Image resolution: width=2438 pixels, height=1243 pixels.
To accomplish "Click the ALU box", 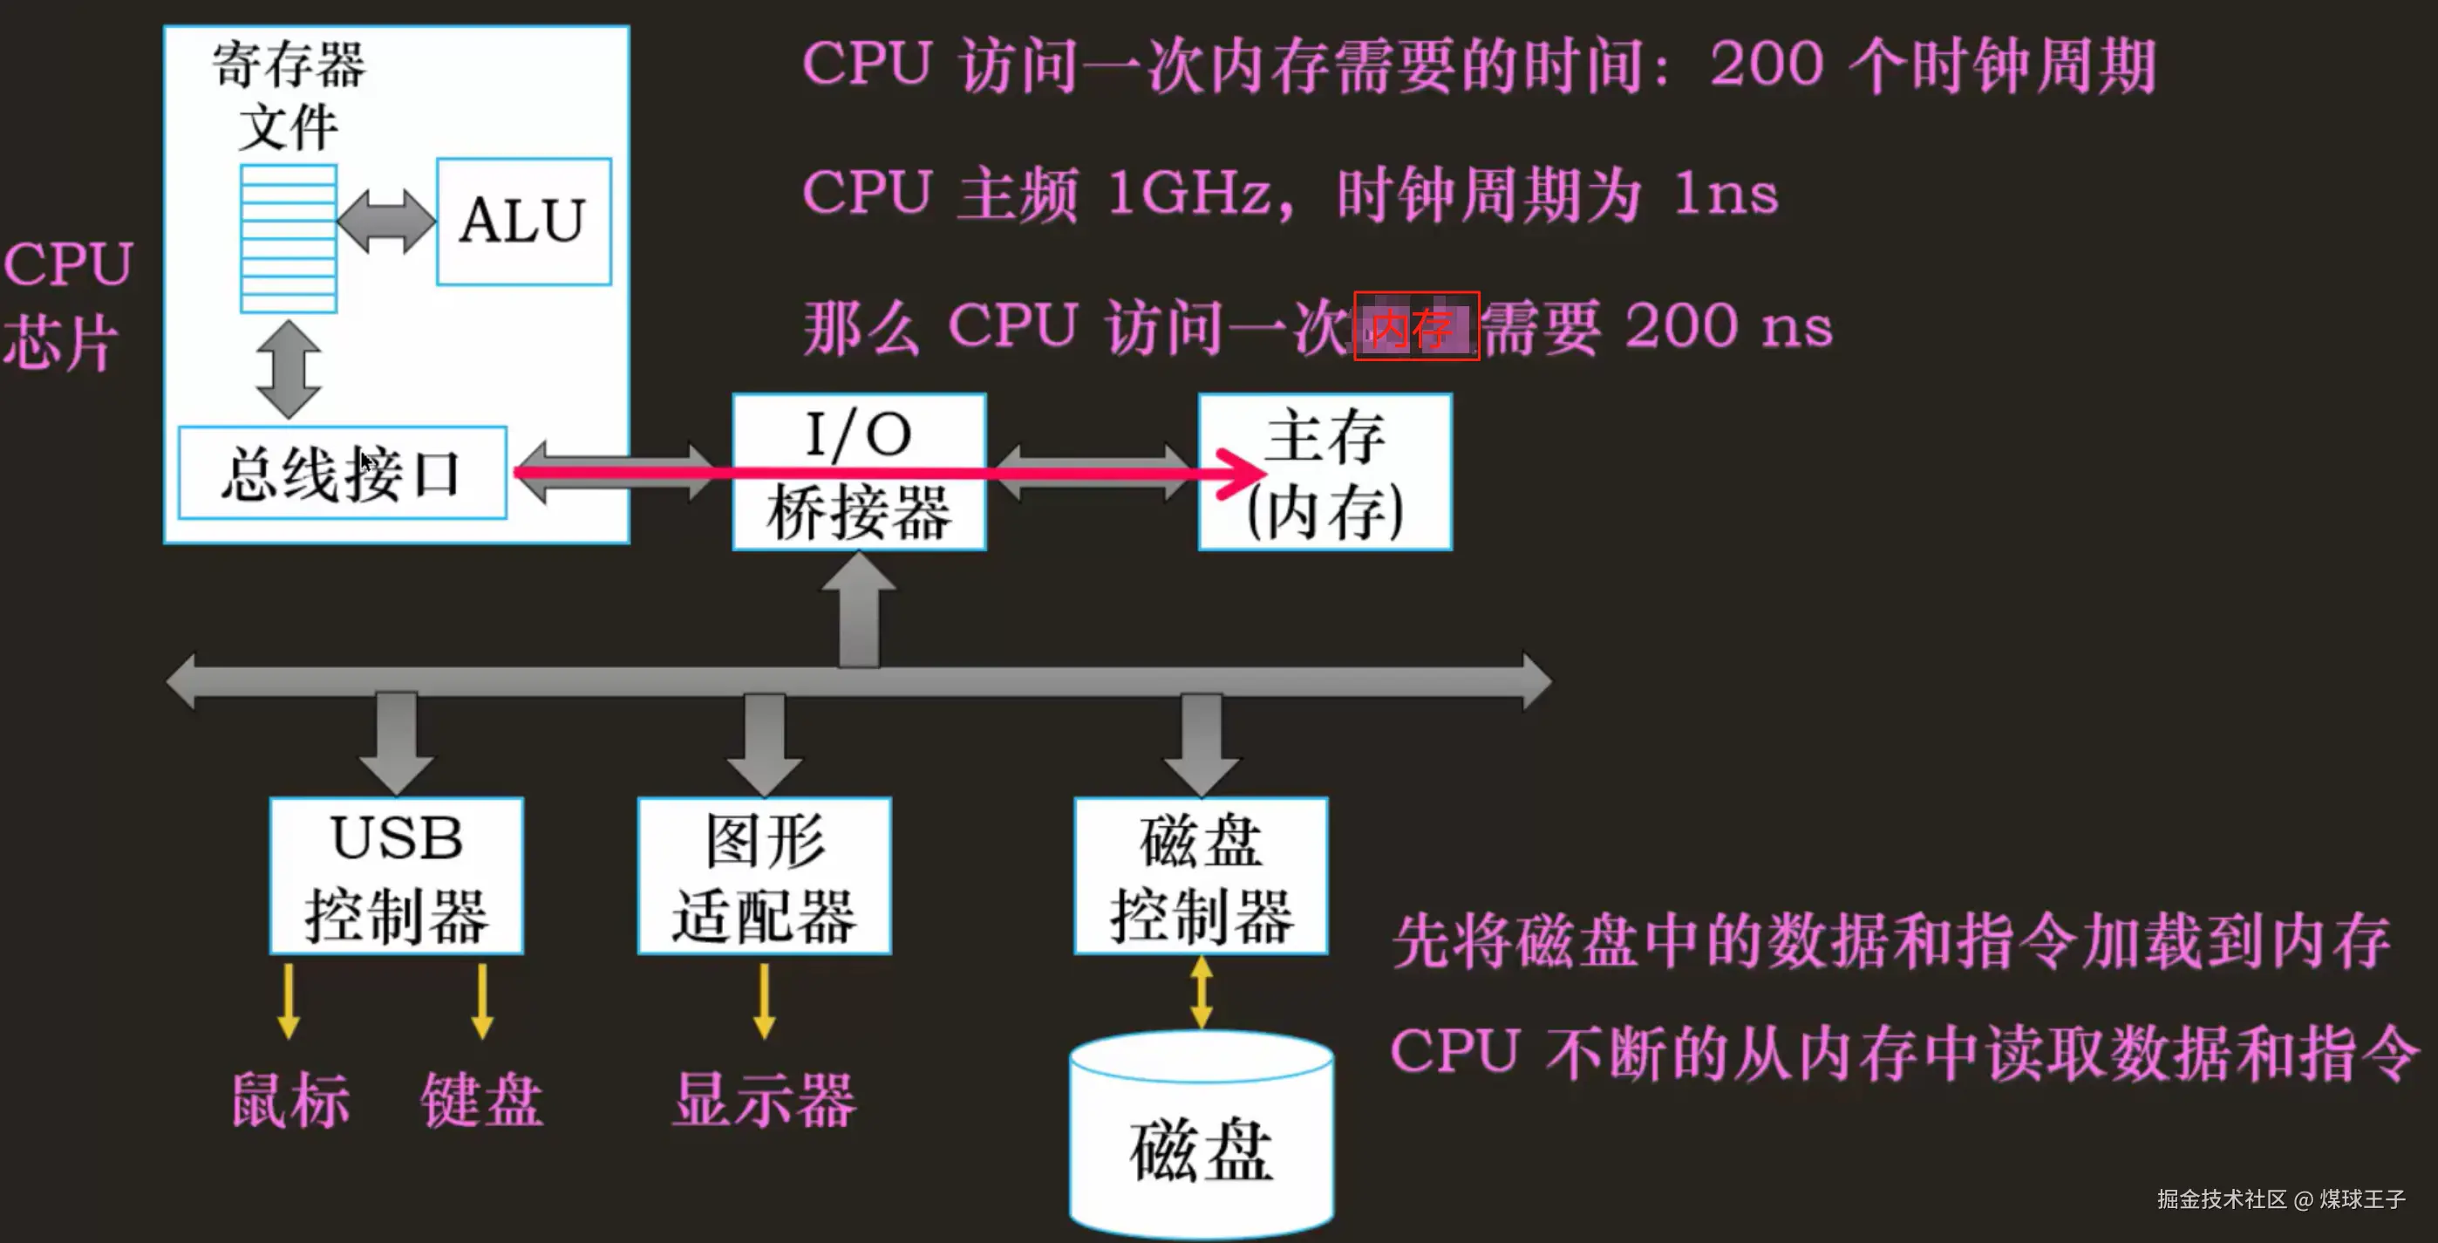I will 523,222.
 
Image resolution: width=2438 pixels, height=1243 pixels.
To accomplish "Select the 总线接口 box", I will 342,474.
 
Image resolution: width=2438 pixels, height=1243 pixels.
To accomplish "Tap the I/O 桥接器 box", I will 858,471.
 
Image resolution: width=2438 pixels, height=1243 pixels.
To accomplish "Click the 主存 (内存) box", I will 1325,471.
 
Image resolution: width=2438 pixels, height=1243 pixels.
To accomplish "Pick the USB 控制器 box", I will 397,876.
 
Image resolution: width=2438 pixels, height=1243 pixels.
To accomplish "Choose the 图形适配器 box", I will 764,876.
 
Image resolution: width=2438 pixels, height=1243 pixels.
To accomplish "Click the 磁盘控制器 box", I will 1200,876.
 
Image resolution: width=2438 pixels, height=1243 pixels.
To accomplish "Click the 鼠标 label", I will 290,1101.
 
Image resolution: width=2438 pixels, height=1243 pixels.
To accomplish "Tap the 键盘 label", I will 481,1101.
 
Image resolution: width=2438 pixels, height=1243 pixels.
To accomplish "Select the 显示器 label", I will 764,1101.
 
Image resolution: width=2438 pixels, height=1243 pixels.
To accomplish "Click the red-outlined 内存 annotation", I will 1416,326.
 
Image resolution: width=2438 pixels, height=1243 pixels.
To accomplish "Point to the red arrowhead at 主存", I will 1240,471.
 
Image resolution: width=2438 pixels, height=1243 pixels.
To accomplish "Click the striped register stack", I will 289,238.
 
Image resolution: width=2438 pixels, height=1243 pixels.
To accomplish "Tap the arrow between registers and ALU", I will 386,222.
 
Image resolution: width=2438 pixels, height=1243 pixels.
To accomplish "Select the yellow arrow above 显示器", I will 764,1001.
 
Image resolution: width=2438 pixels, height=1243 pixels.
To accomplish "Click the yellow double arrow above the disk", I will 1201,992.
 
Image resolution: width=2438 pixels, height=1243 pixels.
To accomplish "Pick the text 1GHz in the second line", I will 1188,194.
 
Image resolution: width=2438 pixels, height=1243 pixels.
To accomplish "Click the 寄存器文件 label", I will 289,95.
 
